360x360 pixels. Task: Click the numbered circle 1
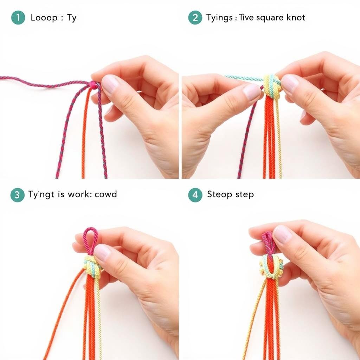[18, 18]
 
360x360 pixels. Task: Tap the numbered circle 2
[195, 18]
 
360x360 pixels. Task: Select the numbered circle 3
[17, 195]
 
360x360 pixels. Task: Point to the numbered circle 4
[195, 195]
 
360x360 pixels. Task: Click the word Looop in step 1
[44, 18]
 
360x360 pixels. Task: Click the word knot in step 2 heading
[296, 18]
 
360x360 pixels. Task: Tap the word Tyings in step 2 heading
[219, 18]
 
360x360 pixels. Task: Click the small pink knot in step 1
[93, 85]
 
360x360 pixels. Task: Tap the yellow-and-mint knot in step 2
[272, 86]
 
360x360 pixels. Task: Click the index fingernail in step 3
[102, 252]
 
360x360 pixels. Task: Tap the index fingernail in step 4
[282, 234]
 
